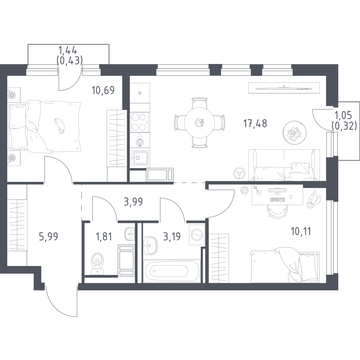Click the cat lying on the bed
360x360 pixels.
60,126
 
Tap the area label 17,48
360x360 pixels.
255,123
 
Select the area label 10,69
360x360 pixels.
103,90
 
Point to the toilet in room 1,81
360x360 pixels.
98,264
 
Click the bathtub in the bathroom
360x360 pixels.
171,271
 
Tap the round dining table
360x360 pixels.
199,123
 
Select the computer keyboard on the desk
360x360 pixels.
278,200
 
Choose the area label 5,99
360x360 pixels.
49,236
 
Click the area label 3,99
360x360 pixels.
133,202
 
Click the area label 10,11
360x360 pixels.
301,231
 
